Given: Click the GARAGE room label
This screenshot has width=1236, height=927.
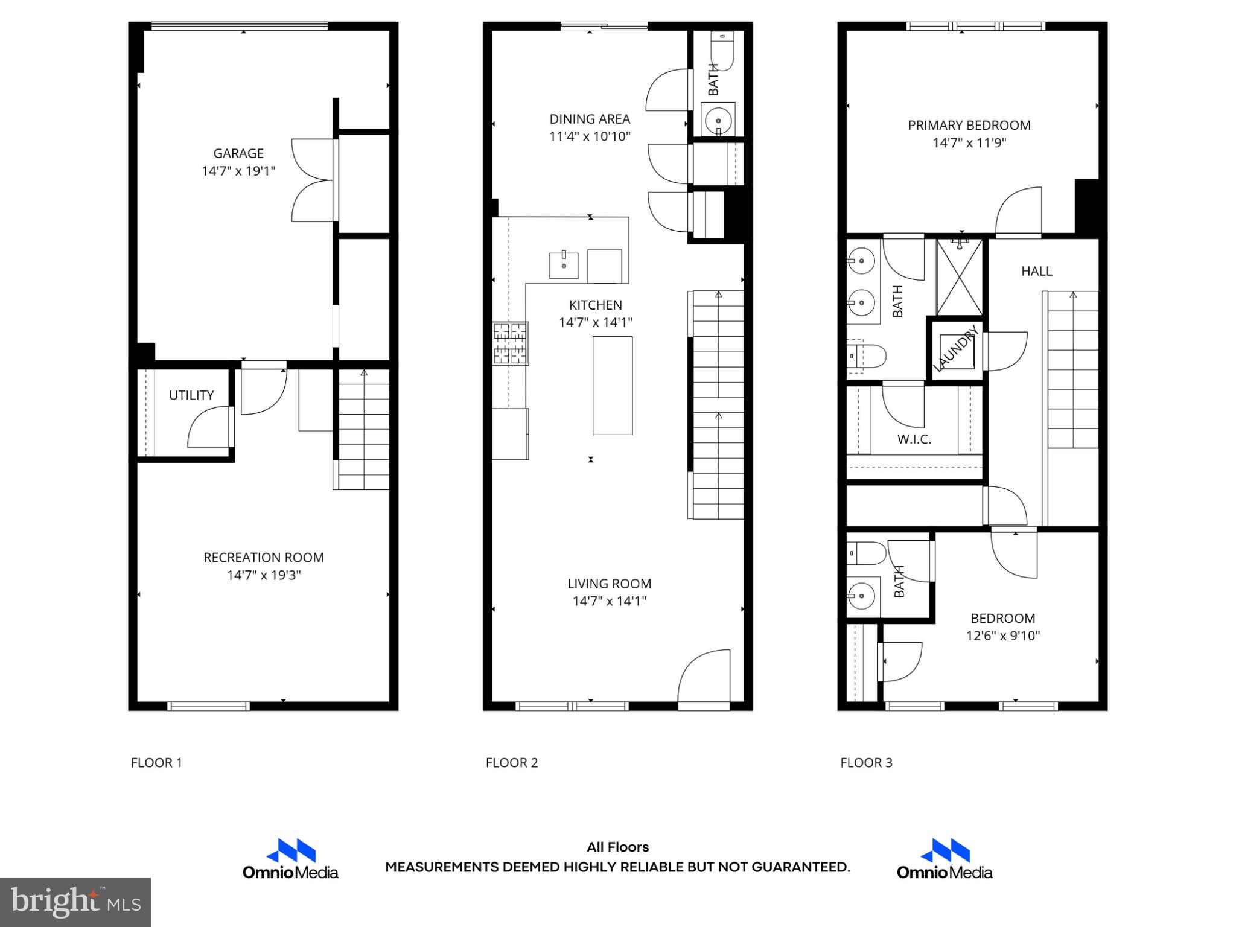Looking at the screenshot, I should click(x=238, y=153).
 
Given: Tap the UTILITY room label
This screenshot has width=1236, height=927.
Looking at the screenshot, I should click(x=191, y=395).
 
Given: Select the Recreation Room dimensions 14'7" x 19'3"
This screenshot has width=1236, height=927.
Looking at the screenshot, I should click(x=264, y=575).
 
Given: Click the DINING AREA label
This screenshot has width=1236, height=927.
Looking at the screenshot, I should click(x=590, y=119).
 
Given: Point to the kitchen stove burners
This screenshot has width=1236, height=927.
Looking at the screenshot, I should click(x=511, y=343).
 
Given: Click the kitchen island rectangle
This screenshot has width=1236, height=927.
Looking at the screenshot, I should click(x=612, y=385).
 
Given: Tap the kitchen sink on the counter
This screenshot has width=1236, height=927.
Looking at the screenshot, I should click(x=564, y=265).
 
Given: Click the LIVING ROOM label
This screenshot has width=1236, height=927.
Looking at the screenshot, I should click(x=609, y=584).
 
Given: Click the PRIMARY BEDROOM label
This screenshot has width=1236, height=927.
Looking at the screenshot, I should click(x=969, y=126).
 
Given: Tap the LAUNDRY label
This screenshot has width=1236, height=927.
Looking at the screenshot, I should click(x=956, y=349).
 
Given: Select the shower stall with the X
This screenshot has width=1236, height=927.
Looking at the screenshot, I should click(x=960, y=277).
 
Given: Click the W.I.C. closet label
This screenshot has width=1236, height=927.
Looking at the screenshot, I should click(x=914, y=439).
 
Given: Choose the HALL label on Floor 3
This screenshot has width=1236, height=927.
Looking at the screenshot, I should click(x=1036, y=272).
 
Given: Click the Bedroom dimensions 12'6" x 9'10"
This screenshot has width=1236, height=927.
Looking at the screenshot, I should click(x=1002, y=636).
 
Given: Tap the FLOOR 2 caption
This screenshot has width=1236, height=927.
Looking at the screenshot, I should click(x=511, y=763).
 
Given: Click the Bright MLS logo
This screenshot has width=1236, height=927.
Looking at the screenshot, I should click(x=75, y=902).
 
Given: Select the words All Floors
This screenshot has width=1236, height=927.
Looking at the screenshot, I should click(x=617, y=847).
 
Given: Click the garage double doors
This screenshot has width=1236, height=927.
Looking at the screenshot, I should click(x=313, y=180).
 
